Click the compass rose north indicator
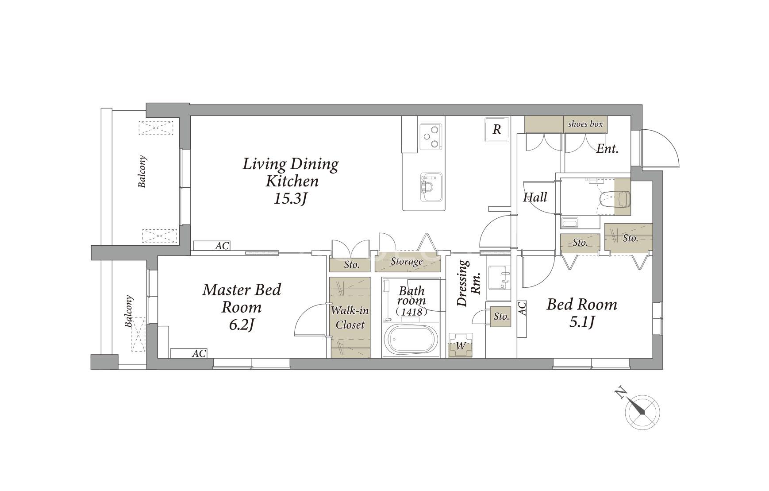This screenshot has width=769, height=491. click(x=642, y=410)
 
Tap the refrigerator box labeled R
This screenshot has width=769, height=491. click(x=497, y=129)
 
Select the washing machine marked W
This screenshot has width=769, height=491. click(x=461, y=345)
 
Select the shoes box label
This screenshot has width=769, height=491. click(x=585, y=124)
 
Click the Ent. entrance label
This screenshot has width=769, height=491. click(x=607, y=149)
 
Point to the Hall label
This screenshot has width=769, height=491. click(x=535, y=197)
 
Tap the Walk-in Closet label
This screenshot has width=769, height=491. click(x=350, y=317)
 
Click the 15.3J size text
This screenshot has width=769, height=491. click(x=290, y=199)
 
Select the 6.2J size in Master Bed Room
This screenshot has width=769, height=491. click(x=242, y=325)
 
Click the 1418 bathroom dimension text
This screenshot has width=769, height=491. click(x=412, y=312)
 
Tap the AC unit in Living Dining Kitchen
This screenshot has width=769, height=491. click(x=211, y=246)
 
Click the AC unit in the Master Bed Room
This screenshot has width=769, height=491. click(x=188, y=353)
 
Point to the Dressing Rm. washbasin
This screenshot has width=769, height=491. click(x=499, y=283)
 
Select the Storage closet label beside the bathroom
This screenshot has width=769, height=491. click(x=407, y=262)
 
